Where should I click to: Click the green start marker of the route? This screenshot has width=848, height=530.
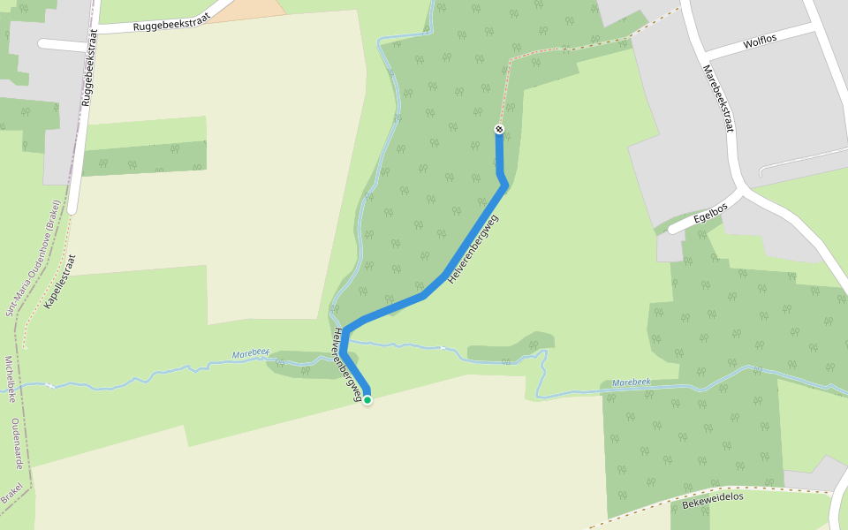(367, 400)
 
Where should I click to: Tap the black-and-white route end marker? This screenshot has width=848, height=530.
(499, 130)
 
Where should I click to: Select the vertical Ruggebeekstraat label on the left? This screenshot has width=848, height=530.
(88, 71)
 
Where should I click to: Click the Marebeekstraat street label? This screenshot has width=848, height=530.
(718, 97)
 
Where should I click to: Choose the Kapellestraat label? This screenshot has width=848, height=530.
(60, 282)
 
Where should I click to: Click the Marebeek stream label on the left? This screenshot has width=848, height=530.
(250, 354)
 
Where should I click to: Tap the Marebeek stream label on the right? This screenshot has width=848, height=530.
(631, 382)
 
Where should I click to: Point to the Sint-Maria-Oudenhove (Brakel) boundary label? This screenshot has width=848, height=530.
(33, 257)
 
